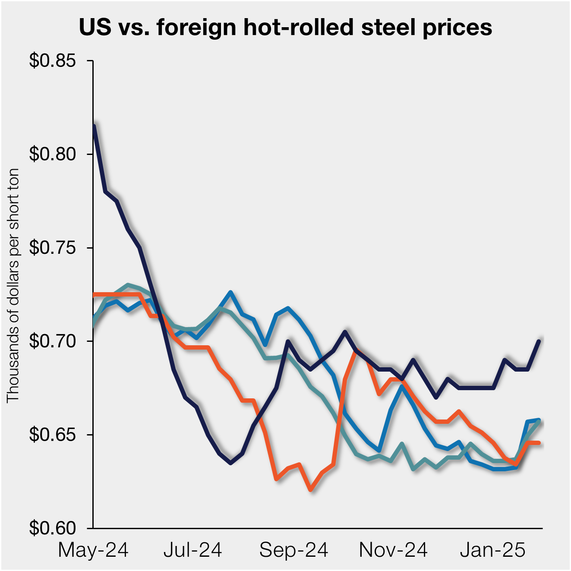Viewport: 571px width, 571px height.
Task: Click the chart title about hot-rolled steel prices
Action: (285, 27)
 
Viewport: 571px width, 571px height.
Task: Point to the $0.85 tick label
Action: (53, 61)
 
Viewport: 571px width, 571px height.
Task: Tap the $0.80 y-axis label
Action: (53, 154)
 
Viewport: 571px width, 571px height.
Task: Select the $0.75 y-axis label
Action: (53, 248)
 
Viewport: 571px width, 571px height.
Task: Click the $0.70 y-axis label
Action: (53, 341)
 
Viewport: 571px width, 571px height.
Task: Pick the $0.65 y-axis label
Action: (53, 435)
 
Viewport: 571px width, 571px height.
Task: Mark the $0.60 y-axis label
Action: (53, 528)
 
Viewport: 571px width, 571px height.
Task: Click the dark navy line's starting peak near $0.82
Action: (94, 126)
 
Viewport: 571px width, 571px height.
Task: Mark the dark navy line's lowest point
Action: (231, 463)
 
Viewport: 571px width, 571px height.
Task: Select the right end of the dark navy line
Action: (539, 341)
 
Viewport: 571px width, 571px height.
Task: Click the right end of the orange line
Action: (539, 443)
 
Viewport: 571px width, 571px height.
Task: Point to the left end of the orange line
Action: (94, 294)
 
